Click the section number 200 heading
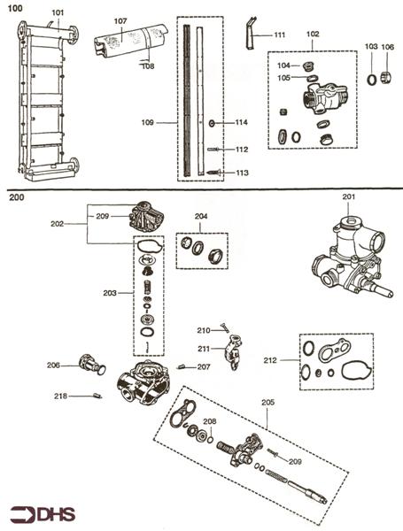[x=17, y=199]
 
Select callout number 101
[x=57, y=12]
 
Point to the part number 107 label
[x=120, y=19]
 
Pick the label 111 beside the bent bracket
[x=279, y=35]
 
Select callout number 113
[x=242, y=173]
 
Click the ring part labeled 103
[x=373, y=80]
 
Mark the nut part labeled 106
[x=388, y=79]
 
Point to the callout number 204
[x=201, y=216]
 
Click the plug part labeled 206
[x=89, y=364]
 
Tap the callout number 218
[x=60, y=396]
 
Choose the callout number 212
[x=271, y=360]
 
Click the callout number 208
[x=209, y=421]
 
